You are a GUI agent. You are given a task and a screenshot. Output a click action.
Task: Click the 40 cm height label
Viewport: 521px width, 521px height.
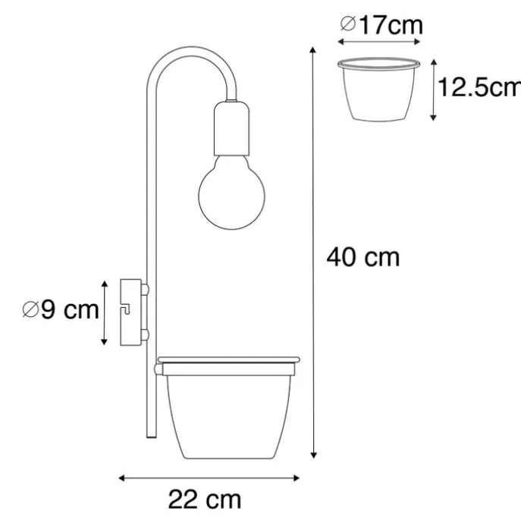click(x=363, y=258)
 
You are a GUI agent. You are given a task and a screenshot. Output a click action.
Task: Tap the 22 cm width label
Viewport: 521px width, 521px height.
click(x=206, y=500)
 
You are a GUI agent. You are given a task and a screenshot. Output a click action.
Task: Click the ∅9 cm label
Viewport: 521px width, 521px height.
click(x=61, y=311)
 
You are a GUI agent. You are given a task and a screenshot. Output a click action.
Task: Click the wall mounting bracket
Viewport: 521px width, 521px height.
click(x=131, y=312)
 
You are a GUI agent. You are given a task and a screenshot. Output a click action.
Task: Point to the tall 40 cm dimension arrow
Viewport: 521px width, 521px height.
click(x=313, y=250)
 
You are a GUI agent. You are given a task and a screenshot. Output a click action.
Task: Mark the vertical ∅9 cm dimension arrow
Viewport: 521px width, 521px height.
click(x=105, y=312)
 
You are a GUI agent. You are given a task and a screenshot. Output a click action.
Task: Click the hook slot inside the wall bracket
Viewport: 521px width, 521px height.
click(x=129, y=309)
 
